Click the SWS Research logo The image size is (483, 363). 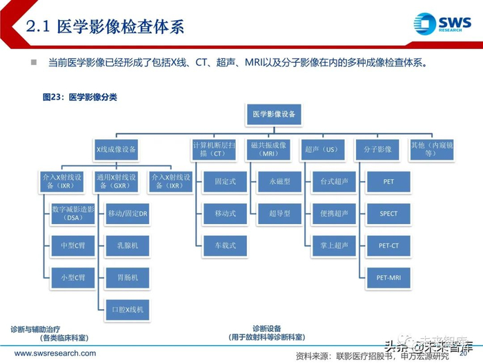pos(442,24)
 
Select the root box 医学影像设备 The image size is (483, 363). pos(274,114)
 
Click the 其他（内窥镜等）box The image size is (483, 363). pos(431,149)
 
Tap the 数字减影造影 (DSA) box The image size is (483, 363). pos(73,214)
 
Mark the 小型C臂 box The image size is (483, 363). pos(73,277)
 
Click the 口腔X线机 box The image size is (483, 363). pos(128,309)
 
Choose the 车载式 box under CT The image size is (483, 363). pos(224,245)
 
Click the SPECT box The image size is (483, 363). pos(388,214)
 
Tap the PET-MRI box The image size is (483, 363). pos(388,277)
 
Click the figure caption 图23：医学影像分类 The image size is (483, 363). pos(80,97)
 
